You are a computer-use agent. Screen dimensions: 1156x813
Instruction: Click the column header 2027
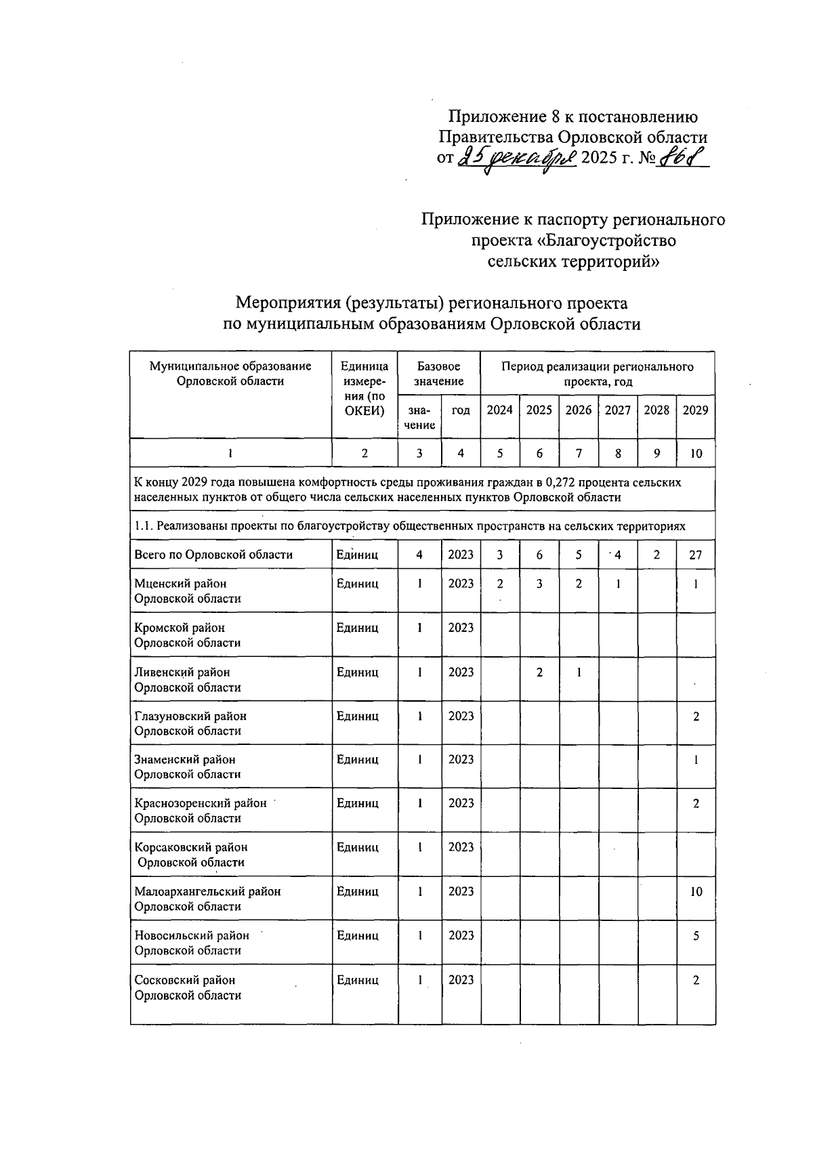click(617, 410)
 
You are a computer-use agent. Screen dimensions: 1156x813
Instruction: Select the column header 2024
click(500, 410)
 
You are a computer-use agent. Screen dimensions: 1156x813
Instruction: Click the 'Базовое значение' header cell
click(439, 374)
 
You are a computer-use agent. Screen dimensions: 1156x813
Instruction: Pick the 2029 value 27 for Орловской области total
click(696, 555)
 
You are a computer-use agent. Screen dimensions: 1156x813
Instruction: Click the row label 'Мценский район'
click(180, 583)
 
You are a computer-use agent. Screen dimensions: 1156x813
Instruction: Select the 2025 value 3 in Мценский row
click(539, 583)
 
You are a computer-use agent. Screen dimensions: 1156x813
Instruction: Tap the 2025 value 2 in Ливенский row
click(539, 672)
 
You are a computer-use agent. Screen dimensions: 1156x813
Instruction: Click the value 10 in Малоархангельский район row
click(696, 892)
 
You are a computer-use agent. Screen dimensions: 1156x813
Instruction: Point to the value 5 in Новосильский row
click(696, 936)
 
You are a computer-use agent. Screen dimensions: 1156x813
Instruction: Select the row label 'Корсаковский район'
click(191, 847)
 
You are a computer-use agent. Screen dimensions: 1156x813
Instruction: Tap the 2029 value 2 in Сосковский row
click(696, 980)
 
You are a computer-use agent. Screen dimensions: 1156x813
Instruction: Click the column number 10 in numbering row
click(696, 454)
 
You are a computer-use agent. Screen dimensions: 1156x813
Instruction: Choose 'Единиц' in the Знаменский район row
click(358, 760)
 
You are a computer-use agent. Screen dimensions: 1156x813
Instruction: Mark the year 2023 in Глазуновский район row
click(461, 716)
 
